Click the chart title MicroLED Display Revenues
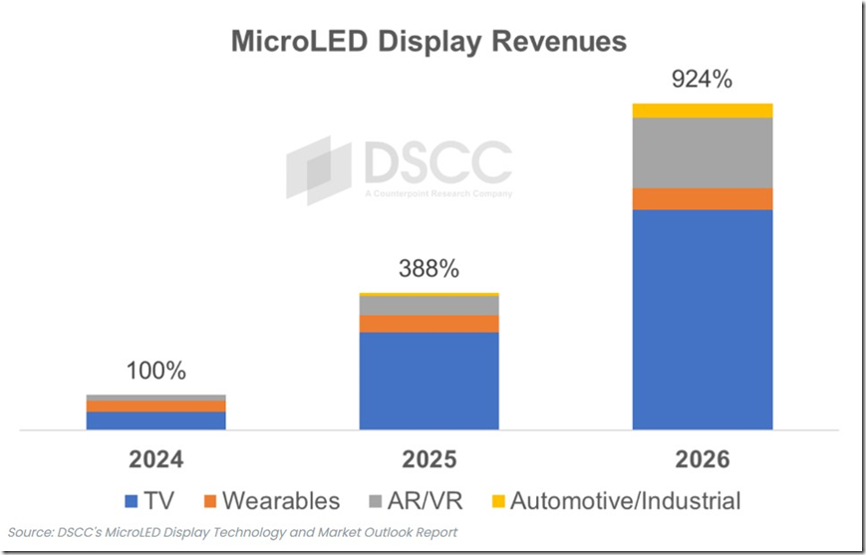(x=429, y=41)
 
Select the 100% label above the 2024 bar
(x=156, y=371)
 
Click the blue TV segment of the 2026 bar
(x=703, y=319)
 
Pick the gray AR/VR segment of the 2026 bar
(x=703, y=152)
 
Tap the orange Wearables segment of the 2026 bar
(x=703, y=198)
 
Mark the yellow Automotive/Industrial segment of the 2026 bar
(x=703, y=110)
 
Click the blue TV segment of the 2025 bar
(x=430, y=380)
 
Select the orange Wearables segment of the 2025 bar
(x=430, y=324)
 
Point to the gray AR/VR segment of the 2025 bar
(x=430, y=305)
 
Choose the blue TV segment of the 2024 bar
(x=156, y=419)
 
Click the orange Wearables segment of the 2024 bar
(x=156, y=406)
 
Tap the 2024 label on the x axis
(x=156, y=460)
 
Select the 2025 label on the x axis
(x=430, y=460)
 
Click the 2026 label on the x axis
(x=703, y=460)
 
